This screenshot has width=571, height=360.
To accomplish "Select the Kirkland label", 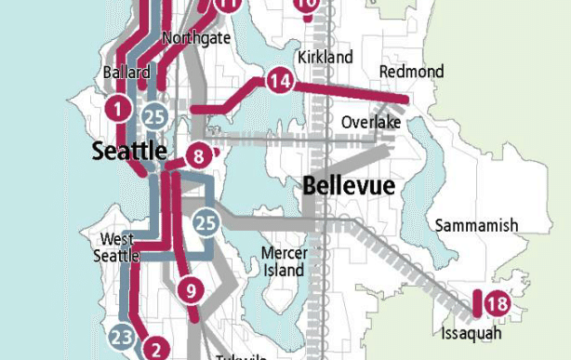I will (x=325, y=58).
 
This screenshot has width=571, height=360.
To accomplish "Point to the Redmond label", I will (x=411, y=72).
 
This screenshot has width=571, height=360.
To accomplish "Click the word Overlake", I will (x=370, y=123).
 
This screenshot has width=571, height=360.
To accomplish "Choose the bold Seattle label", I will (x=129, y=152).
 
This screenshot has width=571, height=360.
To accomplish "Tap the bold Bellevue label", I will (x=349, y=186).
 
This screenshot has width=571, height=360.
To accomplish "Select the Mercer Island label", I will (x=283, y=261).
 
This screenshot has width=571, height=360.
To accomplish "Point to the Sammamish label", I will (x=476, y=226).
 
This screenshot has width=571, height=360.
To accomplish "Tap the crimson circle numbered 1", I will (x=117, y=109).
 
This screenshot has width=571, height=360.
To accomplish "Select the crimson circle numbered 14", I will (x=279, y=82).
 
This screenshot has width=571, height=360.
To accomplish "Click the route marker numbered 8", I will (x=198, y=156).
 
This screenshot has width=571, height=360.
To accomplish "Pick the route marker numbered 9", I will (x=189, y=290).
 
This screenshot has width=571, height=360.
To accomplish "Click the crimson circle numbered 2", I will (x=157, y=349).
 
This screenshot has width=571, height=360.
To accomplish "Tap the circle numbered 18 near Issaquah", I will (x=497, y=303).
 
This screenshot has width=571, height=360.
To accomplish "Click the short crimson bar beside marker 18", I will (x=476, y=304).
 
